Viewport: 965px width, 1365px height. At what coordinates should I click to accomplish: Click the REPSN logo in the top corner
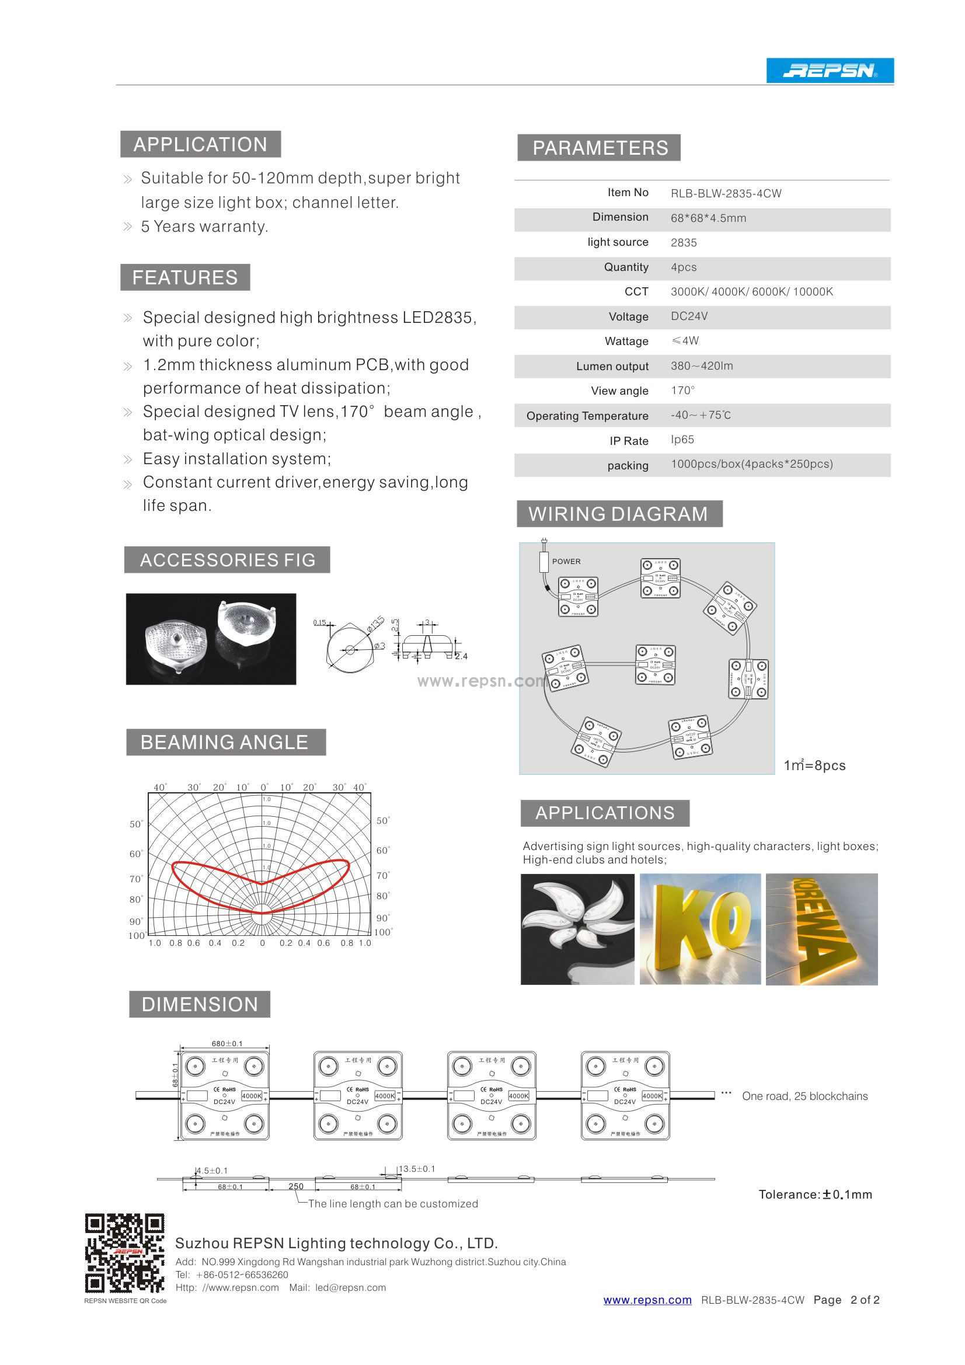click(x=830, y=71)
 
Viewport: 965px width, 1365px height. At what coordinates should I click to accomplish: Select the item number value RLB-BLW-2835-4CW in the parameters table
click(x=726, y=194)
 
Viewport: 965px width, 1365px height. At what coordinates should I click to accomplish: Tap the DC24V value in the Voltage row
click(x=688, y=316)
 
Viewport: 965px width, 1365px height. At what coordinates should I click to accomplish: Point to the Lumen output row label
click(x=612, y=366)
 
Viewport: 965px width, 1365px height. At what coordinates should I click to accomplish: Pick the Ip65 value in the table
click(x=682, y=440)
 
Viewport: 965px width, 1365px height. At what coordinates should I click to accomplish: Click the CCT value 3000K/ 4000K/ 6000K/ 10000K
click(x=751, y=292)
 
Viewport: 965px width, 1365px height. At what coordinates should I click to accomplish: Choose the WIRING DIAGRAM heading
click(x=618, y=514)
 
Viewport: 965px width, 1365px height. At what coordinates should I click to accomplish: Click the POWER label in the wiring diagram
click(x=566, y=561)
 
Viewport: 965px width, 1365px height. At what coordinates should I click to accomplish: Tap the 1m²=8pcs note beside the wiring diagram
click(x=814, y=765)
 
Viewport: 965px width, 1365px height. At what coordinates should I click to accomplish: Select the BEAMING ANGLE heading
click(x=225, y=742)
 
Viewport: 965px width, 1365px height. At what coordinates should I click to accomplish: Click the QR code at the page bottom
click(x=125, y=1253)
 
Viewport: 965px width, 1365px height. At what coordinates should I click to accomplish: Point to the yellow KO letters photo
click(x=700, y=929)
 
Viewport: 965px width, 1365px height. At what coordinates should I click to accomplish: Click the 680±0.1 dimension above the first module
click(x=227, y=1043)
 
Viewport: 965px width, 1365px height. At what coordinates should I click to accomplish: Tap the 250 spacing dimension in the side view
click(x=295, y=1186)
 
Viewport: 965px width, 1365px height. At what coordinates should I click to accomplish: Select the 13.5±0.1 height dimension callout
click(x=416, y=1169)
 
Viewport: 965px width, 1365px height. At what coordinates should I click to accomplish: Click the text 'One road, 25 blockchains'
click(x=804, y=1096)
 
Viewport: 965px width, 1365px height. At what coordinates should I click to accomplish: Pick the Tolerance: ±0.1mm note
click(x=814, y=1195)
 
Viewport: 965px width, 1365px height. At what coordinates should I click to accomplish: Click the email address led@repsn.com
click(x=350, y=1287)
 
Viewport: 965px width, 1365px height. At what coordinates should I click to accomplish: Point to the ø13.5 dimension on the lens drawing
click(x=376, y=624)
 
